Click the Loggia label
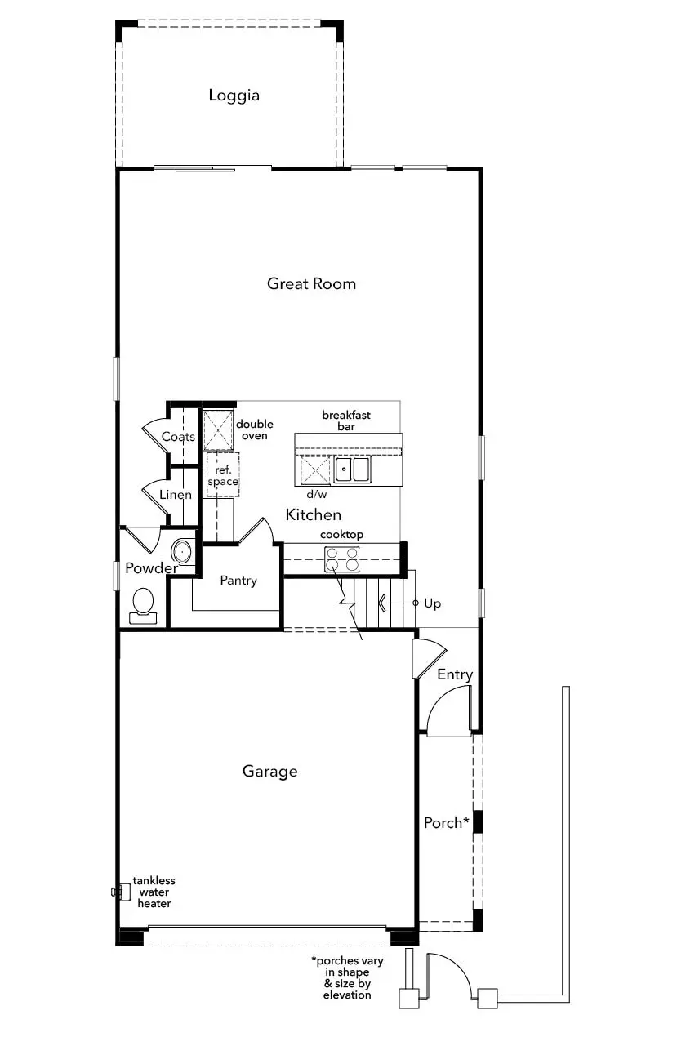tap(234, 96)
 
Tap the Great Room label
tap(311, 283)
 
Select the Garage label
tap(269, 772)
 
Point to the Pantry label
tap(238, 581)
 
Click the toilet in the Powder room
tap(143, 606)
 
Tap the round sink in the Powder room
tap(182, 551)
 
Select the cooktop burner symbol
tap(341, 559)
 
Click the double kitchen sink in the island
tap(352, 470)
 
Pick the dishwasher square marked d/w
tap(315, 470)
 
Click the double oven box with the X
tap(219, 430)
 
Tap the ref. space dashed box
tap(223, 474)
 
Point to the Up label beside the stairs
tap(432, 603)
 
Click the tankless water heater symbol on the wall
tap(122, 891)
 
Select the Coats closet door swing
tap(156, 437)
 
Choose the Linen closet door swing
tap(156, 496)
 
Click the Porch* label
tap(446, 822)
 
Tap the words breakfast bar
tap(346, 421)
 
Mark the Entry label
tap(455, 674)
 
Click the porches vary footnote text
tap(347, 977)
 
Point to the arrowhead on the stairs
tap(382, 603)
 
